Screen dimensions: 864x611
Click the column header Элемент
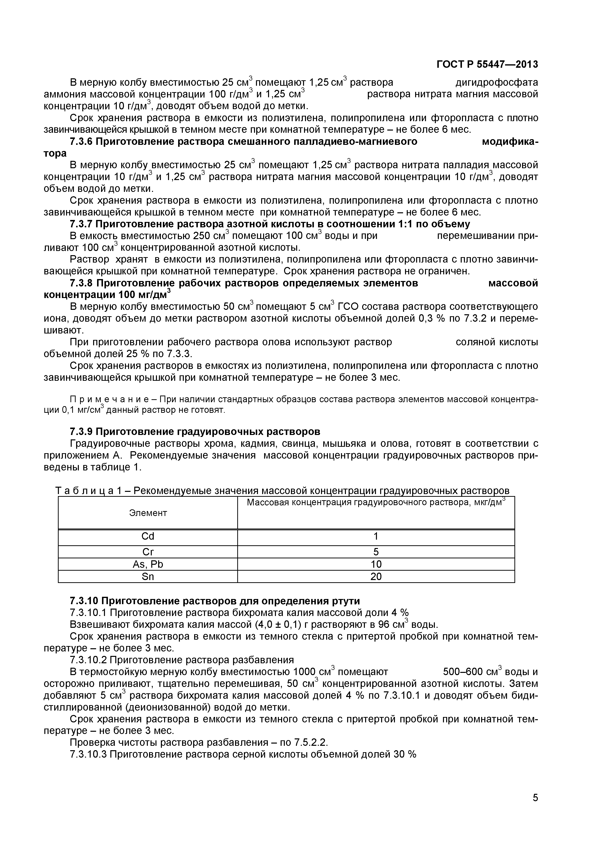[148, 513]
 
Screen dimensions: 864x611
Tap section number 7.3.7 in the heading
[81, 224]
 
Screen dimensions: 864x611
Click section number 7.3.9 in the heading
[81, 431]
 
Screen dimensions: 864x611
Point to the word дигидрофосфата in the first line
[496, 83]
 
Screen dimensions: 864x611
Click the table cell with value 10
[376, 564]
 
